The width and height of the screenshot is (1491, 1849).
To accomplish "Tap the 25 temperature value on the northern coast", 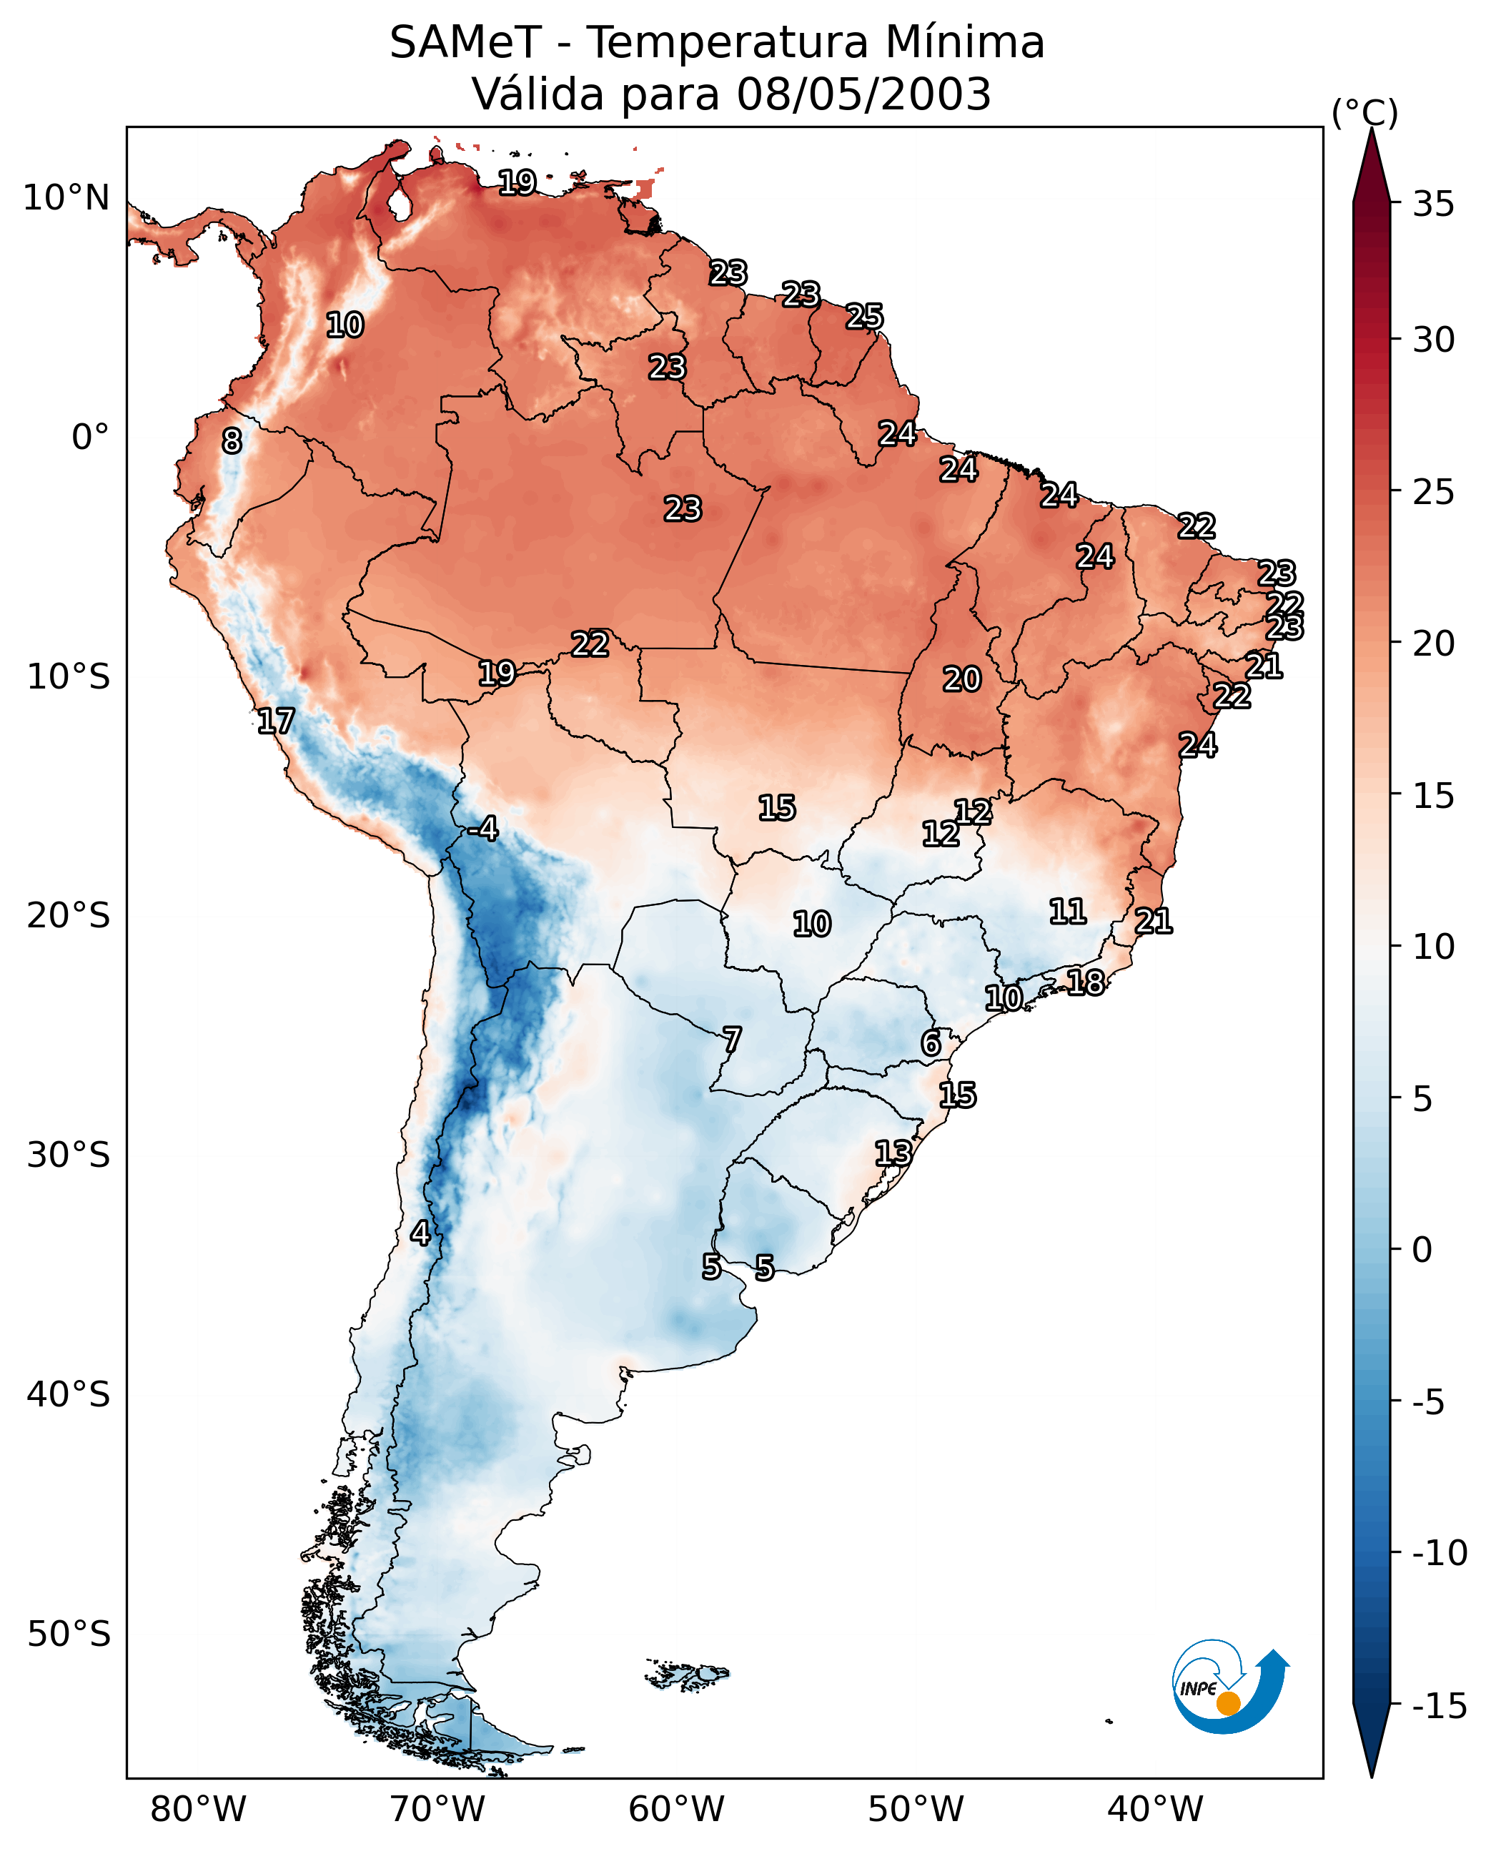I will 864,317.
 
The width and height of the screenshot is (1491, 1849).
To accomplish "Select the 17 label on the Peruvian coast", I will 276,721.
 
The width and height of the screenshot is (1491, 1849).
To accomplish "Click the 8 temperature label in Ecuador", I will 232,442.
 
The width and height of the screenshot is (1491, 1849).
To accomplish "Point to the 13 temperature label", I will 893,1153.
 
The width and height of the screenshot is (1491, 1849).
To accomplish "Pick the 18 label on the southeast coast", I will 1086,982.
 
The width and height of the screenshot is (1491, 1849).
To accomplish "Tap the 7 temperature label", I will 732,1040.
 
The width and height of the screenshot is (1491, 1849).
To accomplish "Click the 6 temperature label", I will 931,1043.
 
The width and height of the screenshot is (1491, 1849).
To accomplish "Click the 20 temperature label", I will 962,680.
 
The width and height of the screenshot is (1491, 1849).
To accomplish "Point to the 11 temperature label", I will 1068,911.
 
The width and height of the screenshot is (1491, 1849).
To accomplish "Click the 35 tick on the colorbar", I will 1433,204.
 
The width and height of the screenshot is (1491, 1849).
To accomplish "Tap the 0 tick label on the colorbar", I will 1422,1250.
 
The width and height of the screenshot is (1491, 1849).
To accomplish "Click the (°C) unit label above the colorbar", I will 1364,112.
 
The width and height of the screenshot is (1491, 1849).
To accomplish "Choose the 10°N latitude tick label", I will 66,199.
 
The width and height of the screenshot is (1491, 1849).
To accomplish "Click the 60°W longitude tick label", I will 677,1810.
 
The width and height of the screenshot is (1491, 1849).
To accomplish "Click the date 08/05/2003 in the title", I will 863,94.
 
